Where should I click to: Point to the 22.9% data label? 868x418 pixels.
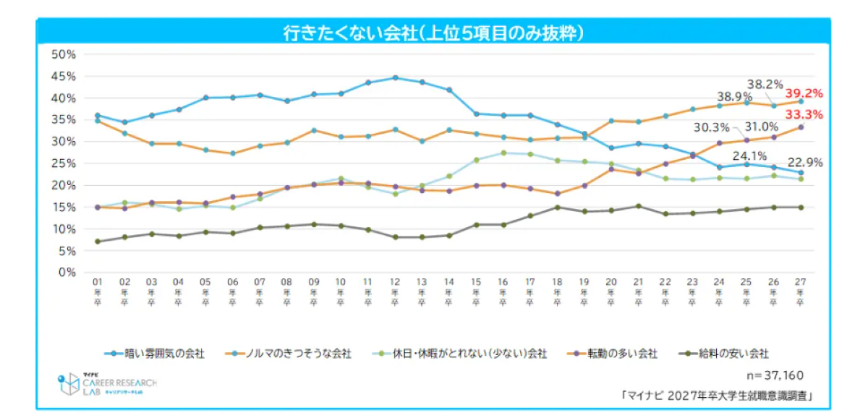point(806,163)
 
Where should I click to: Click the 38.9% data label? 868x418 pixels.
point(733,95)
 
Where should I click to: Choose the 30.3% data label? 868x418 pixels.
point(712,127)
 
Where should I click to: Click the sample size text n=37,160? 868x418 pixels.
point(775,376)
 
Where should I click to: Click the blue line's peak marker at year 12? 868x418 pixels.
point(395,77)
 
